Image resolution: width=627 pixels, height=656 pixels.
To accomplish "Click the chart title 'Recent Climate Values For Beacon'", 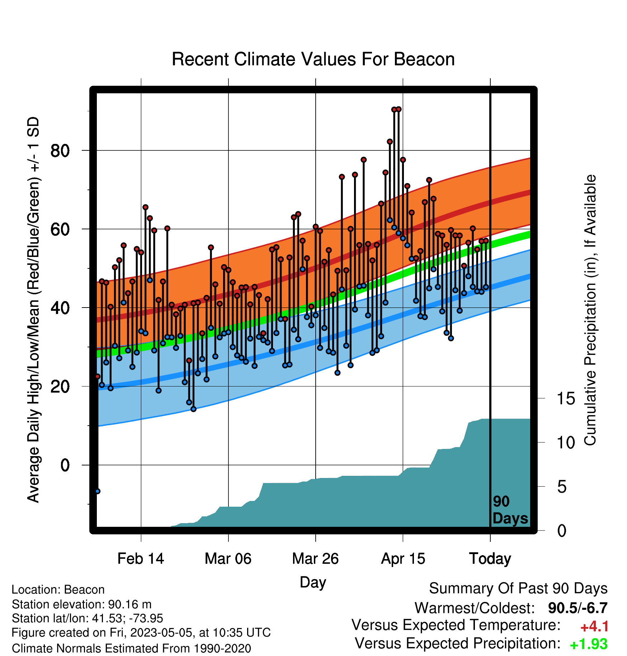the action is pyautogui.click(x=313, y=59).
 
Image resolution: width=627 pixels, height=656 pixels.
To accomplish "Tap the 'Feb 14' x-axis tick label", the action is pyautogui.click(x=141, y=558).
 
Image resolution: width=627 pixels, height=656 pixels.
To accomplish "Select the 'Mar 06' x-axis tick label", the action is pyautogui.click(x=228, y=558).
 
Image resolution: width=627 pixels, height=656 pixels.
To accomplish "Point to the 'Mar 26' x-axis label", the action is pyautogui.click(x=315, y=558).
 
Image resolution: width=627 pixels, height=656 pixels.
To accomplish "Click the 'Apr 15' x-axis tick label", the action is pyautogui.click(x=403, y=558).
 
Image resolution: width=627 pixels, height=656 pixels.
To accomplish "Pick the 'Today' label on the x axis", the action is pyautogui.click(x=490, y=559).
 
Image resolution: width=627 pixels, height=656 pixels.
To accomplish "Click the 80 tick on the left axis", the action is pyautogui.click(x=60, y=151).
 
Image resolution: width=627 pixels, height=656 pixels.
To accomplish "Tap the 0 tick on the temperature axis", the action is pyautogui.click(x=65, y=465).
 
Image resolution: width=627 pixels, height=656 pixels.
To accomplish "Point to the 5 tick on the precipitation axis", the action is pyautogui.click(x=562, y=487).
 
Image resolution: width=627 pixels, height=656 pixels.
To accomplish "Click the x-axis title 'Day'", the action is pyautogui.click(x=313, y=582).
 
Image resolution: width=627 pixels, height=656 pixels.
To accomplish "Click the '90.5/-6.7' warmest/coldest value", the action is pyautogui.click(x=578, y=608).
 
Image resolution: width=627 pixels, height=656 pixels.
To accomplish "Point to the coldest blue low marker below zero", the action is pyautogui.click(x=98, y=491).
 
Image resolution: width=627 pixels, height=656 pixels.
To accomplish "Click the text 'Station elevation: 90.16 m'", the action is pyautogui.click(x=81, y=604).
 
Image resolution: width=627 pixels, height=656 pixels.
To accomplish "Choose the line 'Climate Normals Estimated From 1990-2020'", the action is pyautogui.click(x=131, y=648).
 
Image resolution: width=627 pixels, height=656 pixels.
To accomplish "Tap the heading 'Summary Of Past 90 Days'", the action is pyautogui.click(x=518, y=589).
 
